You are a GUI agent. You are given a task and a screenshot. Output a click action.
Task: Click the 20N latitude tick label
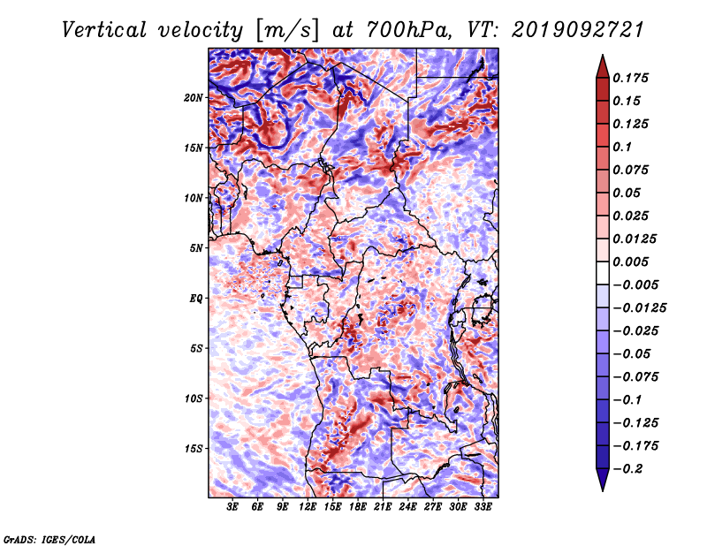[194, 98]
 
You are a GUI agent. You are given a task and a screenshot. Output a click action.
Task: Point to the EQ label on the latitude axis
[196, 299]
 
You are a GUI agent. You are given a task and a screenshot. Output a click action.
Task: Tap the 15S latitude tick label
[194, 449]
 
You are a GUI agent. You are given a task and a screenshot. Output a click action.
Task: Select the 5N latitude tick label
[196, 248]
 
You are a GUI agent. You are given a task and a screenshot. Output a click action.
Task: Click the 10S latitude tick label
[194, 398]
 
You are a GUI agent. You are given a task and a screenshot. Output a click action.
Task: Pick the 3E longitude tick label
[232, 507]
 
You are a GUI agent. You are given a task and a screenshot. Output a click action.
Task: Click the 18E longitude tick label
[358, 507]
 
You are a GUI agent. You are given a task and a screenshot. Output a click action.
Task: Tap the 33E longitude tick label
[483, 507]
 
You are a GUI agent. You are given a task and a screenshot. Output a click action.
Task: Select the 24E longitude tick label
[407, 507]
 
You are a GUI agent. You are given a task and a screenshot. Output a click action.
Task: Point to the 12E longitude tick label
[308, 507]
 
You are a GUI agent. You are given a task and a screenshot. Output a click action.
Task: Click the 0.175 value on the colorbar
[631, 78]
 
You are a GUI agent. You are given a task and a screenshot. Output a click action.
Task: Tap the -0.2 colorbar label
[627, 469]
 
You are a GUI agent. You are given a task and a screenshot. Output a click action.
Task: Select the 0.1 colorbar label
[622, 147]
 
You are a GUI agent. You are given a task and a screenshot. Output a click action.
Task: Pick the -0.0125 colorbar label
[639, 308]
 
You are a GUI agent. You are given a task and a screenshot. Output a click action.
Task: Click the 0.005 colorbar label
[631, 262]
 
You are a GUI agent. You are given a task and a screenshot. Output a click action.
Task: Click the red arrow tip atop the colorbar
[603, 55]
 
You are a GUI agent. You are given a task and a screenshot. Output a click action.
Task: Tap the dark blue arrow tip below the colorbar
[603, 490]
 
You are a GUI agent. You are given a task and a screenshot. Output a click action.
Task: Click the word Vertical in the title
[104, 30]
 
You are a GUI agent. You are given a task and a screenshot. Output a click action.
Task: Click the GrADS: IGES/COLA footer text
[49, 540]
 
